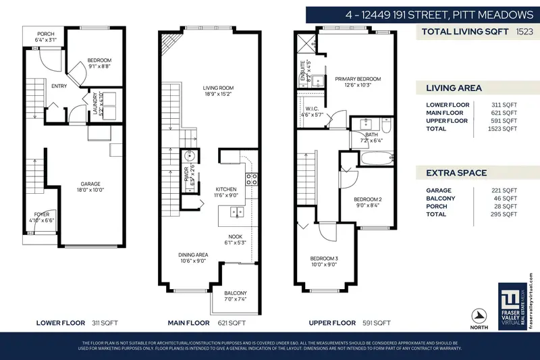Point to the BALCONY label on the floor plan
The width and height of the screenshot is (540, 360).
coord(236,293)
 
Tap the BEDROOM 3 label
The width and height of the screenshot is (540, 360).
coord(323,259)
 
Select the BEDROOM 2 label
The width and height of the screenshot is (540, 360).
coord(369,199)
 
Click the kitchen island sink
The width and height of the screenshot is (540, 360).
coord(237,213)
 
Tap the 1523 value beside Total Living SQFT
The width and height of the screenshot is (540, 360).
coord(525,31)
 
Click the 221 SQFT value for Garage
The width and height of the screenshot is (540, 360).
coord(504,190)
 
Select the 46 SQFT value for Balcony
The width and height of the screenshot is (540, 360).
coord(505,198)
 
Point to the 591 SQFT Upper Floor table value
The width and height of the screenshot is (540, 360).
coord(504,120)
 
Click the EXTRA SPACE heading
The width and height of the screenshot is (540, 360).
coord(456,173)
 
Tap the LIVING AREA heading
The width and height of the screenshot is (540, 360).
coord(454,88)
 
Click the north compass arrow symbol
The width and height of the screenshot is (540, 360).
coord(480,315)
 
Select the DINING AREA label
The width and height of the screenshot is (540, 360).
coord(193,255)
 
